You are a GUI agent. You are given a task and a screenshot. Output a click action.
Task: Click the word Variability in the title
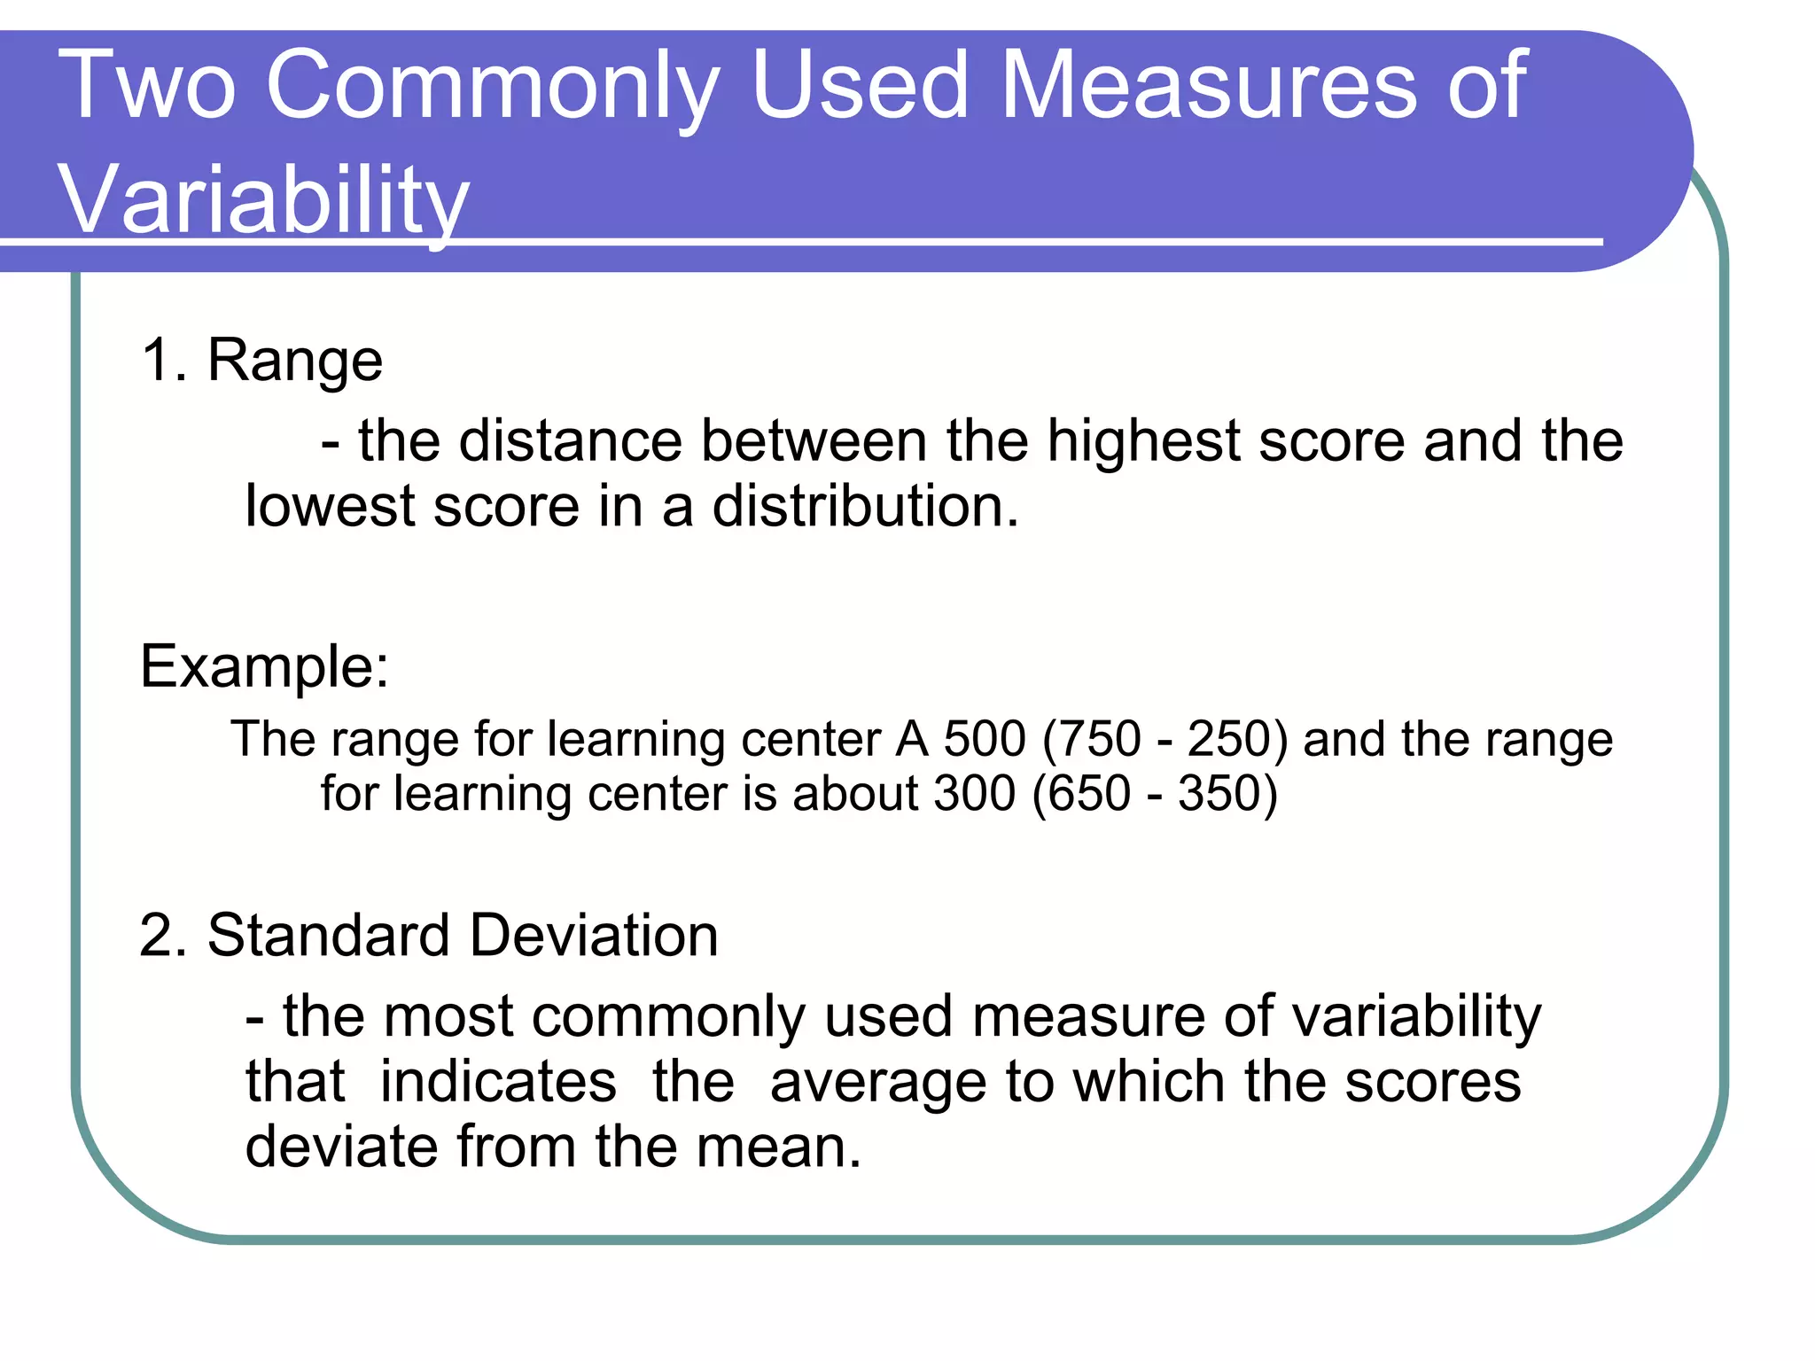tap(263, 199)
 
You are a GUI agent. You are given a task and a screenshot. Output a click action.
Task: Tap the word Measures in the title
tap(1210, 86)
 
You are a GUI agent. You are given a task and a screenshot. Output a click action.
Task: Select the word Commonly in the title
tap(492, 86)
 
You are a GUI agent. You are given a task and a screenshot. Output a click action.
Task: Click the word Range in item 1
tap(294, 361)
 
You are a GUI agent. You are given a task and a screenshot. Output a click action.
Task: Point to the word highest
tap(1143, 440)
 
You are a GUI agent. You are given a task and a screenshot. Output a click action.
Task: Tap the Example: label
tap(264, 666)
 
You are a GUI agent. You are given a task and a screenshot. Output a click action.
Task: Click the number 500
tap(984, 738)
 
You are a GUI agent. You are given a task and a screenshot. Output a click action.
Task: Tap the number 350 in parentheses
tap(1220, 792)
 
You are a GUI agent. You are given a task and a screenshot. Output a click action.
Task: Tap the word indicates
tap(498, 1082)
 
